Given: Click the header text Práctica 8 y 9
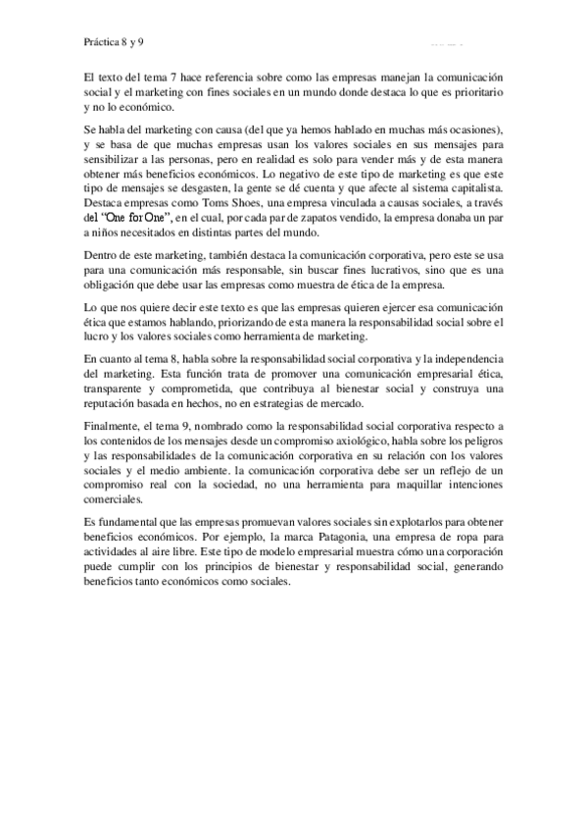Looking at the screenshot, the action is (x=116, y=43).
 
